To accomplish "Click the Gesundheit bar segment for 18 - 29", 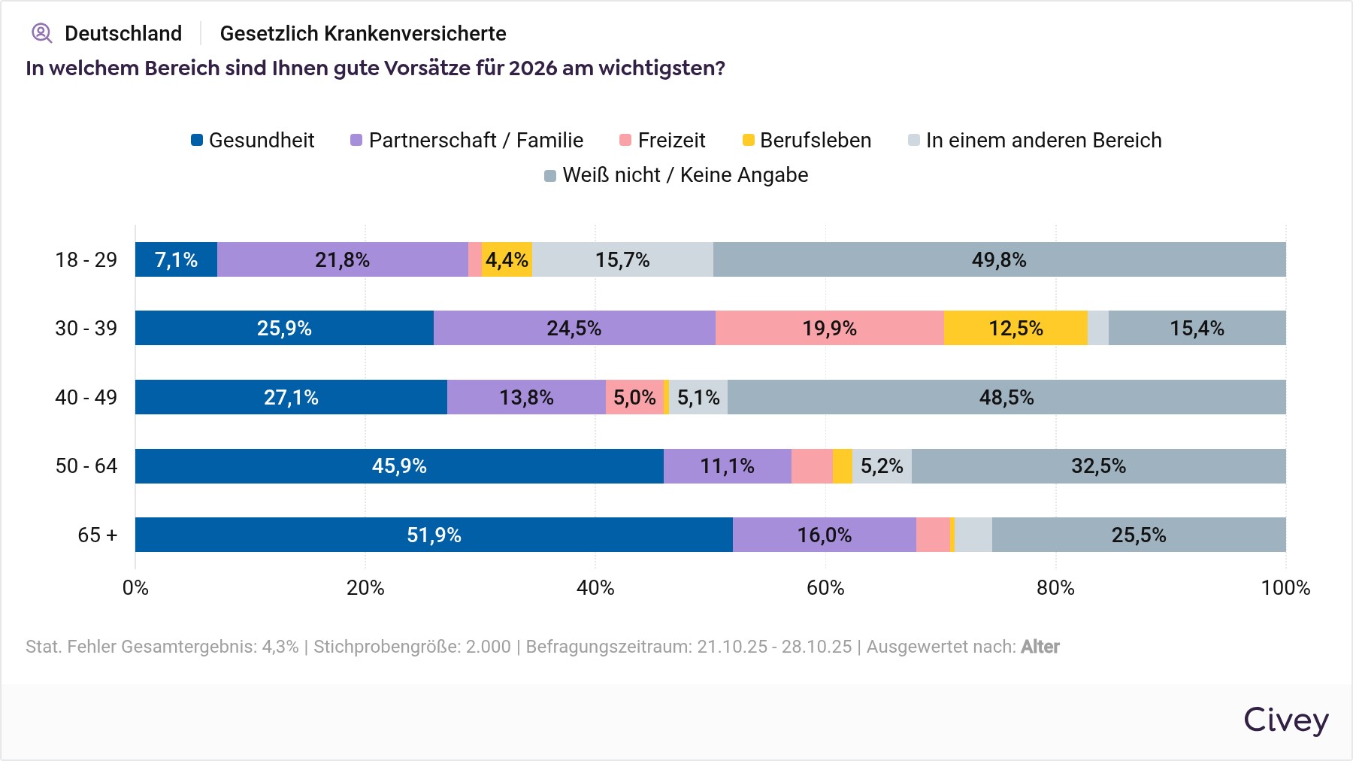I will (176, 259).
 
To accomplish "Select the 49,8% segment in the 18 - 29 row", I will (999, 259).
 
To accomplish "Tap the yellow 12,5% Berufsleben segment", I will (1016, 328).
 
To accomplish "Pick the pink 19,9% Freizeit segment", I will (829, 328).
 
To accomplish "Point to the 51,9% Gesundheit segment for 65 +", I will (434, 535).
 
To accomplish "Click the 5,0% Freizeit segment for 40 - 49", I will (634, 397).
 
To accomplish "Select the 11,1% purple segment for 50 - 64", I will (727, 466).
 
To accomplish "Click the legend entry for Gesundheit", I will (253, 141).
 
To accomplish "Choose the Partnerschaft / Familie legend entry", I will (467, 141).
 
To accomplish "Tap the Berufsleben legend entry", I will (807, 141).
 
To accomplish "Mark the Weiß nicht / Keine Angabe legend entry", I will (676, 175).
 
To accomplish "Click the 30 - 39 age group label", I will (86, 328).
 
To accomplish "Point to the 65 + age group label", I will (98, 535).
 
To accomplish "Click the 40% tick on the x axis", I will (595, 588).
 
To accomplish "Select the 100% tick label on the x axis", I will (1285, 588).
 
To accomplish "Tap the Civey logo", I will (1285, 720).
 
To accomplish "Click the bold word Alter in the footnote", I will (1040, 647).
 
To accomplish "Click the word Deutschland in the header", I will (123, 34).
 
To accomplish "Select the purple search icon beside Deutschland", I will (41, 33).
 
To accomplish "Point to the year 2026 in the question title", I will (533, 68).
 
